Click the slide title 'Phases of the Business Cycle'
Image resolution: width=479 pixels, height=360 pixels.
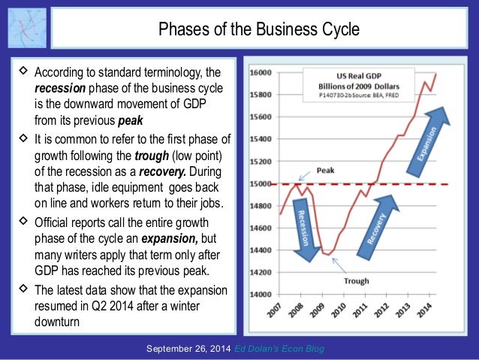pyautogui.click(x=258, y=29)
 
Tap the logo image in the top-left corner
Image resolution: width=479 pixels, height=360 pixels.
pyautogui.click(x=27, y=29)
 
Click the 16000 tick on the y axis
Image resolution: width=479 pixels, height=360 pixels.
pyautogui.click(x=261, y=74)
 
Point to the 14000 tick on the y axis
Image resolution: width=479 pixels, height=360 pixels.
pyautogui.click(x=261, y=295)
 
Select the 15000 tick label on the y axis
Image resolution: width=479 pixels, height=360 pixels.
pyautogui.click(x=261, y=184)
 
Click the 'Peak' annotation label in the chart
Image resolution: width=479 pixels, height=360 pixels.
pyautogui.click(x=325, y=170)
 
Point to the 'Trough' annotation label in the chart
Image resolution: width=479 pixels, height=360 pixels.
pyautogui.click(x=356, y=281)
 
